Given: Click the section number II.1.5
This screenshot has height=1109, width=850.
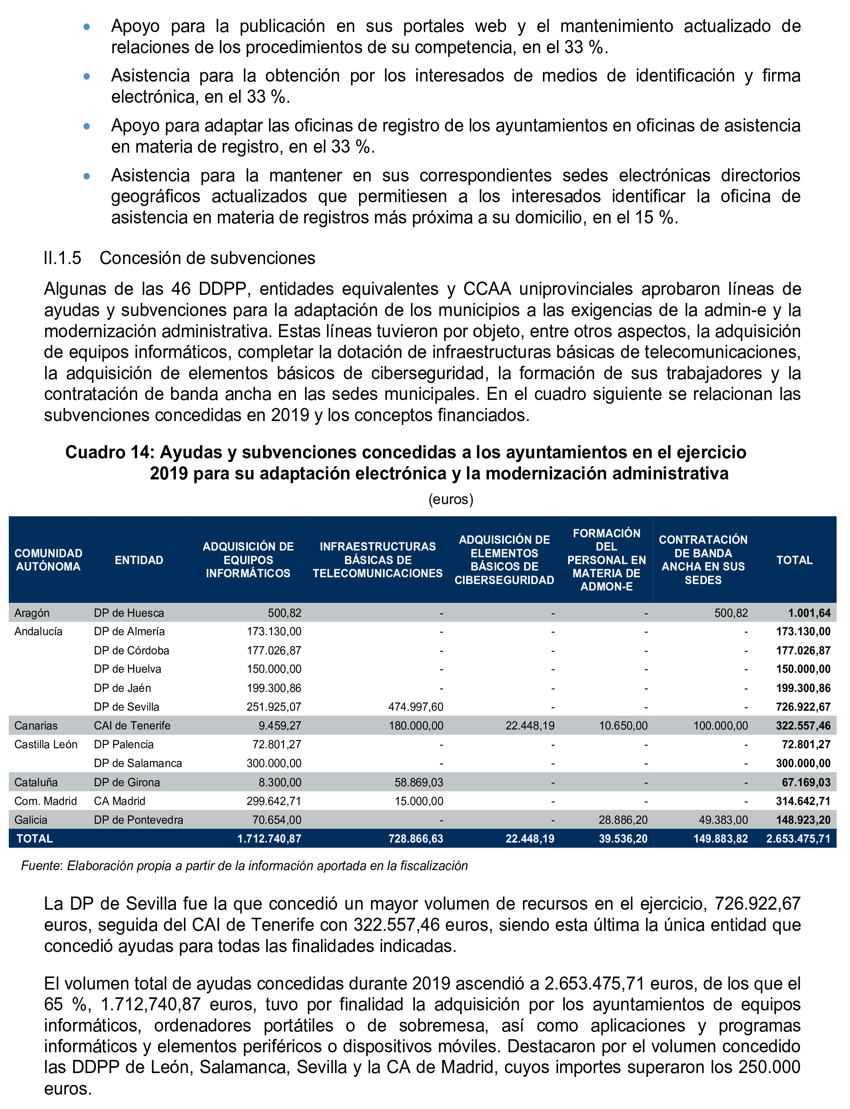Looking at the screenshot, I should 62,258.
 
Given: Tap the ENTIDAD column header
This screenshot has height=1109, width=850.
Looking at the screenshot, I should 139,560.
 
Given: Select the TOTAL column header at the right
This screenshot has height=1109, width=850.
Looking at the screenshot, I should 794,560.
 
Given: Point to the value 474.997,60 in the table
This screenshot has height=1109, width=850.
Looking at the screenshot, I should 415,707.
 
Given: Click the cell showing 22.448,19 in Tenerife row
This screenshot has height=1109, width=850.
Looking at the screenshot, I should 530,726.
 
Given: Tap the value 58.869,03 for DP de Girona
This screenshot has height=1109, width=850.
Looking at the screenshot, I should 419,783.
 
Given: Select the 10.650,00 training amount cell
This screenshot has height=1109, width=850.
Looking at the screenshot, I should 623,726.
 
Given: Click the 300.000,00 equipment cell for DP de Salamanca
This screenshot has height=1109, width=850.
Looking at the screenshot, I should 274,763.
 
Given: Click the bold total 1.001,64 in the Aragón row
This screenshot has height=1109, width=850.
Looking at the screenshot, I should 808,613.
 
